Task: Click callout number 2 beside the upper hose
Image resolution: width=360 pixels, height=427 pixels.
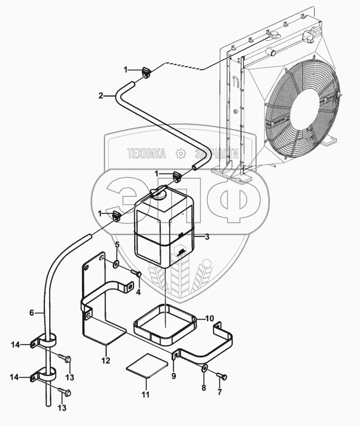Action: point(101,96)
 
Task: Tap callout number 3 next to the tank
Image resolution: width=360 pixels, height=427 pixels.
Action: point(207,237)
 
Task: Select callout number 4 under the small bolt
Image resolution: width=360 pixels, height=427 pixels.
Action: point(138,293)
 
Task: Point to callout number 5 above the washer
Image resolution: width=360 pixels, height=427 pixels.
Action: point(117,245)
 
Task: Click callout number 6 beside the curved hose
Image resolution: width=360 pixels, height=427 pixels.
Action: point(31,313)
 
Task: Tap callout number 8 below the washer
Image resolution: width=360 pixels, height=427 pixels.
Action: point(204,388)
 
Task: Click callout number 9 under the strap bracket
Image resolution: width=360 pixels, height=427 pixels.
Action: point(174,376)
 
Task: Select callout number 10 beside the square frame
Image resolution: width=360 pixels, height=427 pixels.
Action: point(210,318)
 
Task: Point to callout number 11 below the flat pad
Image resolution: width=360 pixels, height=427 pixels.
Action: point(146,394)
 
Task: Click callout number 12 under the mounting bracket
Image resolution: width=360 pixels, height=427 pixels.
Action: point(106,361)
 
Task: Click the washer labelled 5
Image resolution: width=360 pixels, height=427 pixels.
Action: point(116,264)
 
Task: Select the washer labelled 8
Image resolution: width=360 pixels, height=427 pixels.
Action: point(204,368)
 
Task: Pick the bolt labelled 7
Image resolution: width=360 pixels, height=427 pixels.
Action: point(222,376)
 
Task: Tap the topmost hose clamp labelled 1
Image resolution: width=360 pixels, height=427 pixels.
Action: point(146,72)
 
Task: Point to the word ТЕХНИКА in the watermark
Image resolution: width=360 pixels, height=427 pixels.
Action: point(147,154)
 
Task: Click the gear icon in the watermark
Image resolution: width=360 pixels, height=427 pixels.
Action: point(180,154)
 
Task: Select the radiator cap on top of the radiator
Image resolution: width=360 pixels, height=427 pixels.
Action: point(273,35)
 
